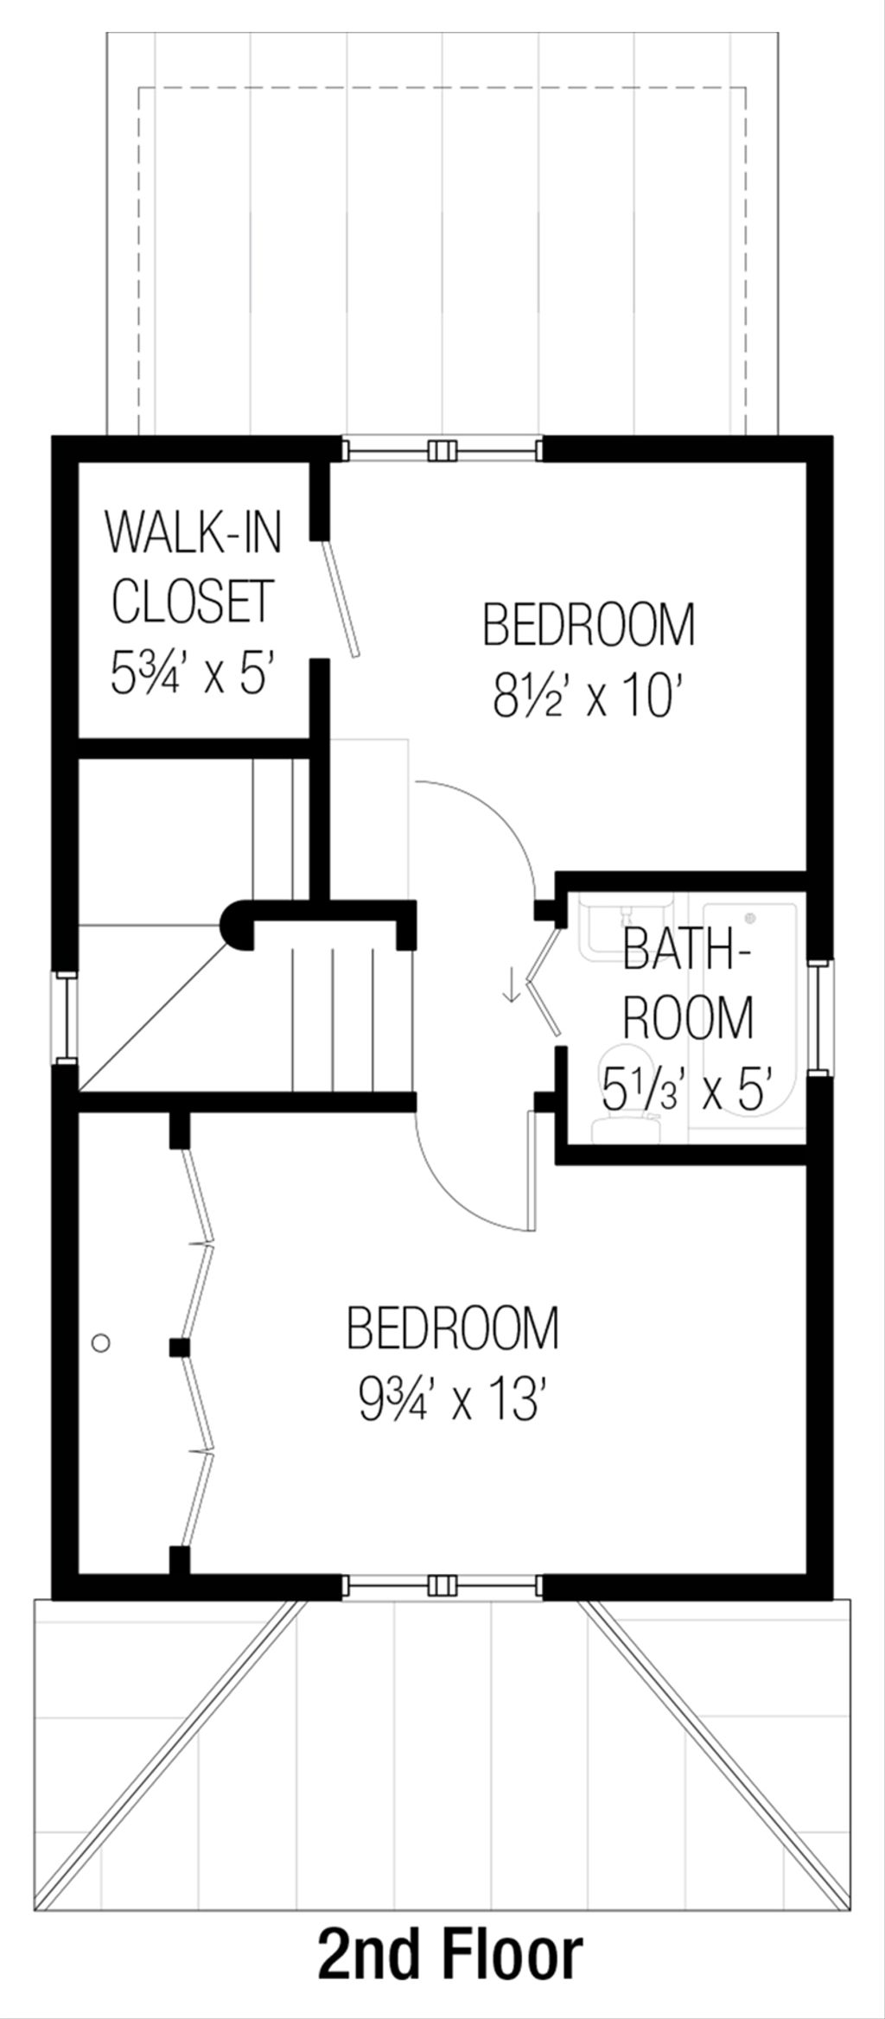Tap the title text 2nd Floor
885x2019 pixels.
[x=450, y=1932]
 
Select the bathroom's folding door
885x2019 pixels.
[x=546, y=984]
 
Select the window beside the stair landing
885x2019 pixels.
[x=66, y=1016]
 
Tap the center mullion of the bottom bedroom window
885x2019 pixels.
[x=442, y=1584]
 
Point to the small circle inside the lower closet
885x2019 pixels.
[x=101, y=1342]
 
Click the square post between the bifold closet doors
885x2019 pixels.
[x=179, y=1347]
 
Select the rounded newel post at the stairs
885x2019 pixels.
[x=235, y=925]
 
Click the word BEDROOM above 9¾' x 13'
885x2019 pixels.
[x=453, y=1328]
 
